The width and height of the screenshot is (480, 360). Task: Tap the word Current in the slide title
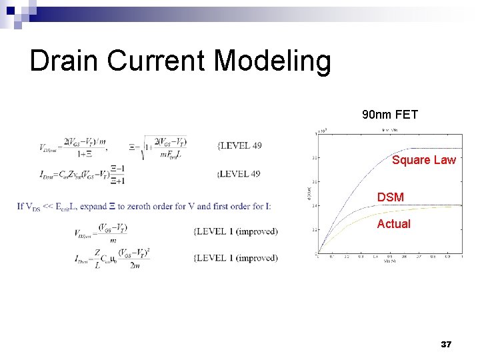click(157, 61)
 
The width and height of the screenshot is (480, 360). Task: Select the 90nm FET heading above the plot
click(390, 115)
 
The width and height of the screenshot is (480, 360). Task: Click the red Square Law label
click(424, 160)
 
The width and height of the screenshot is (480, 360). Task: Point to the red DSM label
click(390, 197)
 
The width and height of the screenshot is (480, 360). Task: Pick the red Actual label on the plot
click(393, 224)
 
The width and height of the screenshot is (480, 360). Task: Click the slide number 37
click(446, 345)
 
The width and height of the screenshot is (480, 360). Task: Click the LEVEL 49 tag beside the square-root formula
click(239, 145)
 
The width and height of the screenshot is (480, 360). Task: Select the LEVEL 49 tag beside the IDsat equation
click(239, 174)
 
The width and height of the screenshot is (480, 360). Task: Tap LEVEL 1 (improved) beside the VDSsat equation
click(235, 231)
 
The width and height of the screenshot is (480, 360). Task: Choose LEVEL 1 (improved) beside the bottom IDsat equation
click(235, 258)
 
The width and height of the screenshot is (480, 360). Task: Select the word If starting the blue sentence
click(21, 206)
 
